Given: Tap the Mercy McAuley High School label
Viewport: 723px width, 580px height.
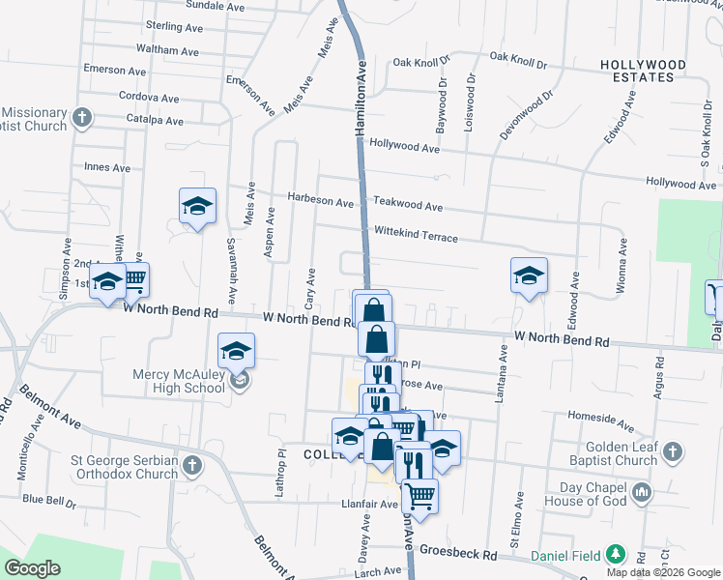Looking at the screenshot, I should [178, 381].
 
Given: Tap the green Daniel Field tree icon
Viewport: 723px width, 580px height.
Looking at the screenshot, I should [614, 555].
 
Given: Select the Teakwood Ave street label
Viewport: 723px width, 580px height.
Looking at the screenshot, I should [408, 206].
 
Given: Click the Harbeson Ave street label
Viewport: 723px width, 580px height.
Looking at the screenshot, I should [321, 201].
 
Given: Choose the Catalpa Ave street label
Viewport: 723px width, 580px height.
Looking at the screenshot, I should [155, 121].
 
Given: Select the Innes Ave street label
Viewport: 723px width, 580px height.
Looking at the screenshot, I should [107, 167].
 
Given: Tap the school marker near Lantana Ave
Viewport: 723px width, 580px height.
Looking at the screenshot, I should [529, 275].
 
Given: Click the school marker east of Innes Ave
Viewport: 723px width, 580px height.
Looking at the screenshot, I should [197, 205].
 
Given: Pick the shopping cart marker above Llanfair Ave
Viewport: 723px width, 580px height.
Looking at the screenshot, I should [419, 496].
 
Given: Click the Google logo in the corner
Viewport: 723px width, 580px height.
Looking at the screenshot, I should [34, 568].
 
